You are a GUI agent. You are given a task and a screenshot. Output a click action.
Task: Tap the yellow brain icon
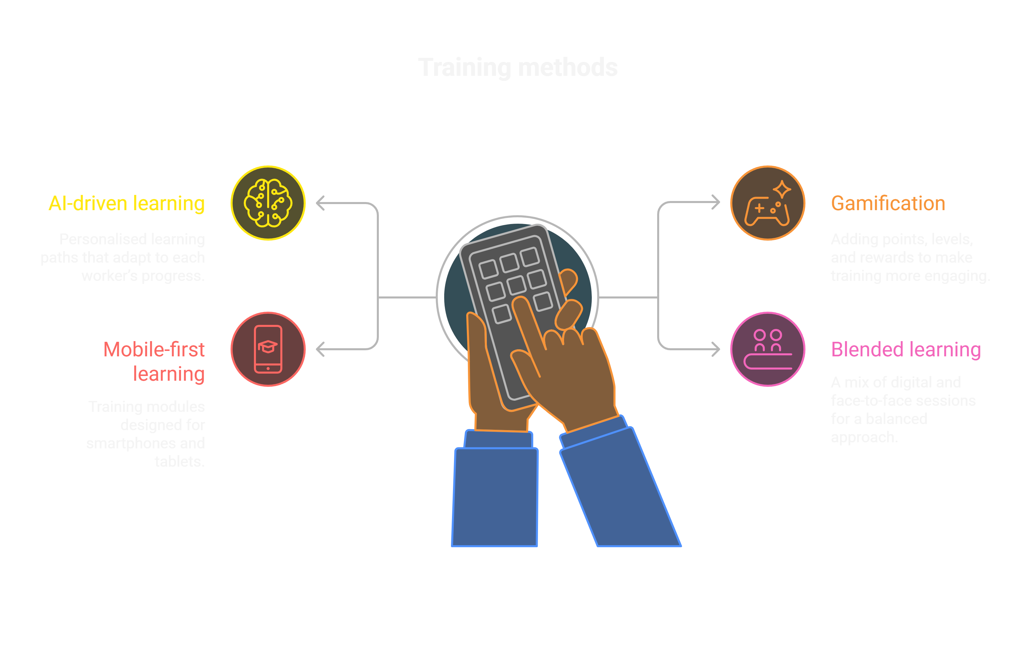pos(268,203)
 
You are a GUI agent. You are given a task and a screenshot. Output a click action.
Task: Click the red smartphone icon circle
pos(268,349)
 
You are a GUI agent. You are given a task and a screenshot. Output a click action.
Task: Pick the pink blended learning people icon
pos(768,349)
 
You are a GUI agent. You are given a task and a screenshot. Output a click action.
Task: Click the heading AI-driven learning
pos(126,203)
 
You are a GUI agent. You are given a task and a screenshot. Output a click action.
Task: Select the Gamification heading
pos(888,203)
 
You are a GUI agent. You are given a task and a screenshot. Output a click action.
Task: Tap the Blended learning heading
pos(905,350)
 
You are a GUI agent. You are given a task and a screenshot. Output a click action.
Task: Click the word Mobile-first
pos(154,350)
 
